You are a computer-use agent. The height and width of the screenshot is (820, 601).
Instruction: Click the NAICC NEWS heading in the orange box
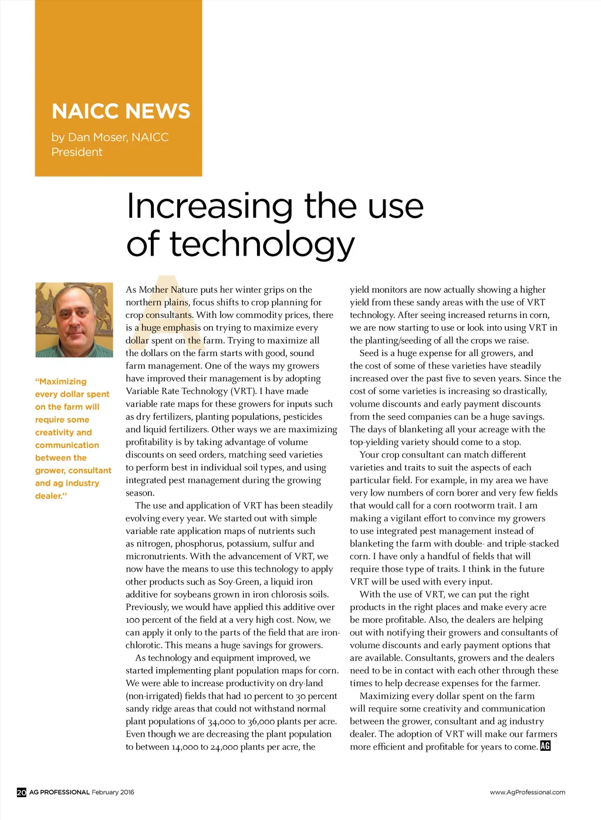point(121,111)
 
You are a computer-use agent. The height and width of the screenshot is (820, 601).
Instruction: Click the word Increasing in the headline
point(210,206)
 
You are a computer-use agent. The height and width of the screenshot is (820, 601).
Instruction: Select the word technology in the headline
point(262,245)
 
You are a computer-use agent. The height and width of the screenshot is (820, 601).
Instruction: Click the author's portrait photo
point(74,320)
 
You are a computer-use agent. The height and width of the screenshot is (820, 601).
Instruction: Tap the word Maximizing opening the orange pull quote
point(62,381)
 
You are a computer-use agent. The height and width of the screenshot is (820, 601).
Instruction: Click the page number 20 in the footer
point(21,792)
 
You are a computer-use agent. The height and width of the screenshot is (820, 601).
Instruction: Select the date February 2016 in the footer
point(113,792)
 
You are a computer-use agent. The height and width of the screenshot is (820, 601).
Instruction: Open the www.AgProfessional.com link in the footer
point(527,792)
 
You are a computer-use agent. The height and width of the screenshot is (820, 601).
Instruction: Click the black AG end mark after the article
point(545,746)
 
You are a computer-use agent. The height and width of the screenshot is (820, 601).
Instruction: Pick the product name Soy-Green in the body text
point(237,581)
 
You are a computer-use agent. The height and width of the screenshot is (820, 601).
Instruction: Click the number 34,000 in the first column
point(222,721)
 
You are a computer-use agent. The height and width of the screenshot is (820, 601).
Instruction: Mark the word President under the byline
point(77,152)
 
